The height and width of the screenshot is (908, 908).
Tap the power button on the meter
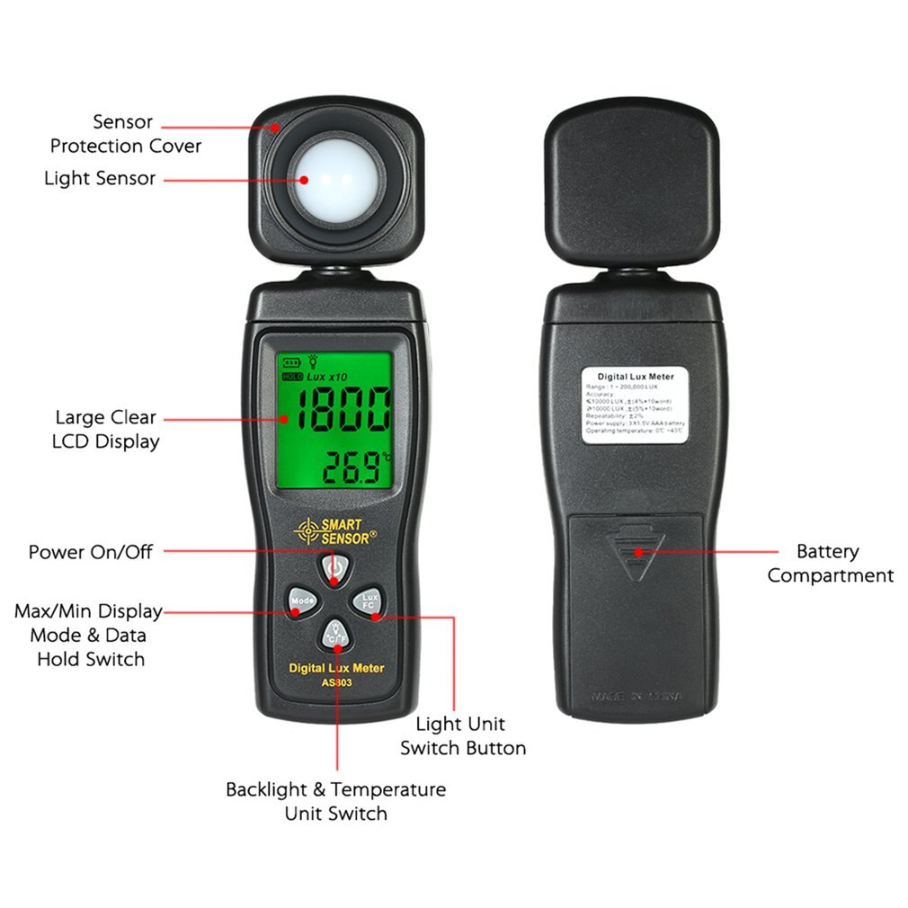[x=334, y=568]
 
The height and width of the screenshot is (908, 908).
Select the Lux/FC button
[x=368, y=601]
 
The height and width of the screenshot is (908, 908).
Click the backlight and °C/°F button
[x=335, y=634]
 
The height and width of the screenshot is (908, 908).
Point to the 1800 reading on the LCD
[x=343, y=411]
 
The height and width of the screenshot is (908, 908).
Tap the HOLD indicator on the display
[x=291, y=378]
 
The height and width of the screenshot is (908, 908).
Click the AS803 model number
[x=336, y=682]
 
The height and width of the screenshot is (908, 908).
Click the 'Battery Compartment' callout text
[x=830, y=564]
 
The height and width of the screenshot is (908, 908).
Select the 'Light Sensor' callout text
[x=100, y=178]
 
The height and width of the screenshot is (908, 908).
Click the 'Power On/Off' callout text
[x=90, y=551]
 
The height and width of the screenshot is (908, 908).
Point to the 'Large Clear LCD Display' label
[x=105, y=429]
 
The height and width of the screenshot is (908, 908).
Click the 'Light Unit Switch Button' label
[x=463, y=735]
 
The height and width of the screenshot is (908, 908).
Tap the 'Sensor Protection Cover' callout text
[x=125, y=133]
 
